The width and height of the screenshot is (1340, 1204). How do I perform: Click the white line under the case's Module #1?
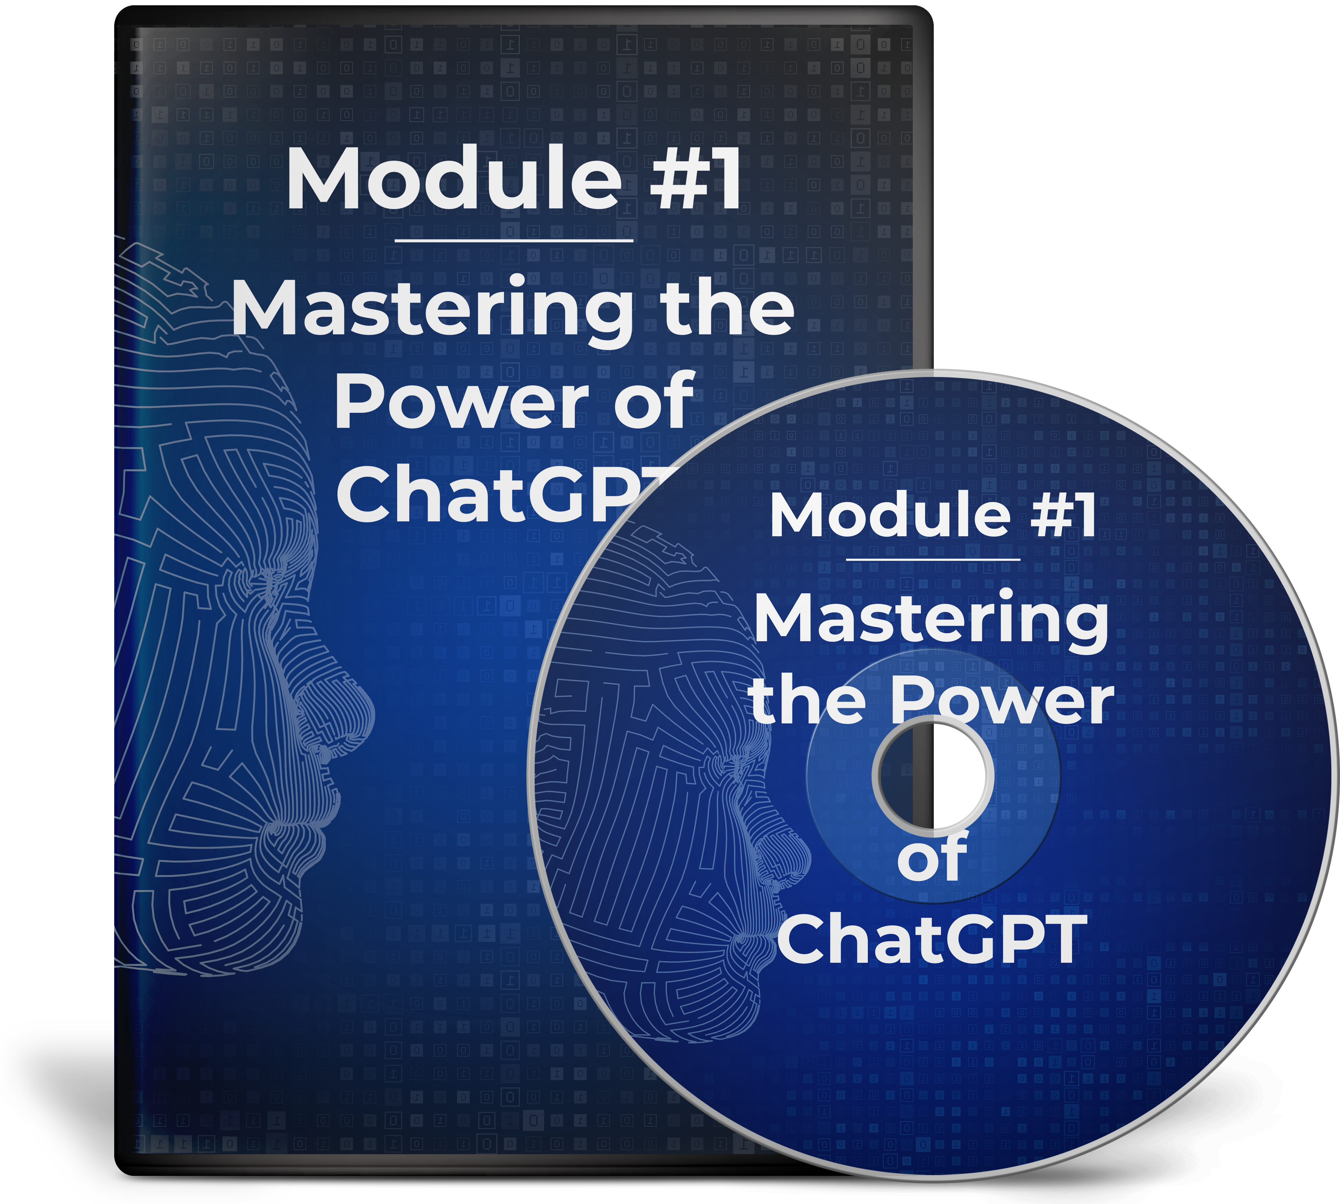coord(514,241)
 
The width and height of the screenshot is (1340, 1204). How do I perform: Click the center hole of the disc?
coord(933,774)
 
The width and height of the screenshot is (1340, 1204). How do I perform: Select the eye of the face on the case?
coord(268,582)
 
